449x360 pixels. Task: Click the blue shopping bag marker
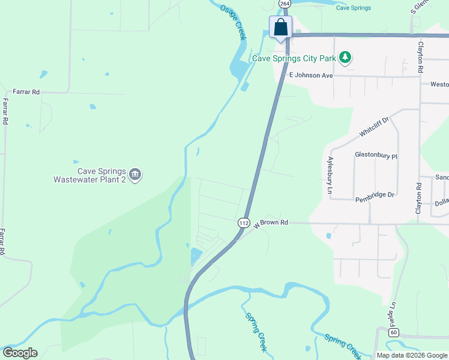tap(280, 27)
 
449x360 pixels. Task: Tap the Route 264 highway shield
tap(285, 4)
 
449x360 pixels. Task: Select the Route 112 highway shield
tap(243, 223)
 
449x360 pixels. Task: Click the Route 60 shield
tap(394, 332)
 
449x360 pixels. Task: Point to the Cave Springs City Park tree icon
tap(345, 58)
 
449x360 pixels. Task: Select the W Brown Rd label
tap(271, 223)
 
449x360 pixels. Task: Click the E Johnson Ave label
tap(310, 76)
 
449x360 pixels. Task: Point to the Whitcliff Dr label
tap(375, 127)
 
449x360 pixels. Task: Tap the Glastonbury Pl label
tap(376, 155)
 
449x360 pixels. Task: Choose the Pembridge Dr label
tap(374, 195)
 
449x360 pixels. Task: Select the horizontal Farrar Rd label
tap(27, 92)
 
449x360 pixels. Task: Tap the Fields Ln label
tap(394, 314)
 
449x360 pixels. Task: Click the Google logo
tap(20, 353)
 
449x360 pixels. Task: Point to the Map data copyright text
tap(412, 355)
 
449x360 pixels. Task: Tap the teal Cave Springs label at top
tap(353, 8)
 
